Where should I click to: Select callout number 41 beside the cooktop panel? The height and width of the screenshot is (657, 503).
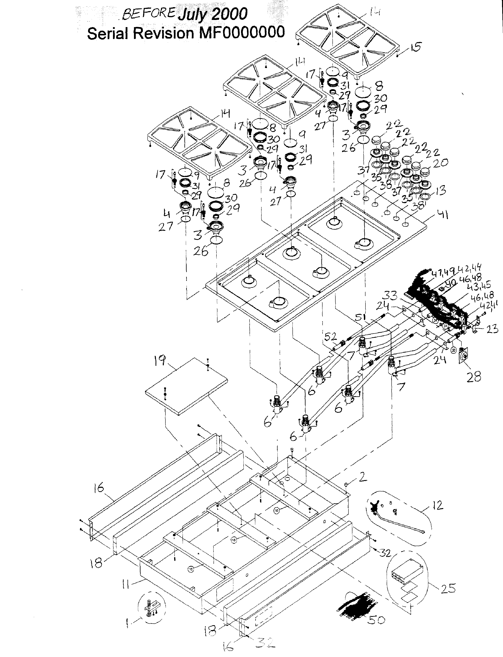[441, 214]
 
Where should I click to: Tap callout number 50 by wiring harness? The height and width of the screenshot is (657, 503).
[376, 620]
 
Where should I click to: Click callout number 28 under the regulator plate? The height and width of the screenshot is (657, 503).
[474, 377]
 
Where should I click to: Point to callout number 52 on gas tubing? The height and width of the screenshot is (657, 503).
[330, 337]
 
